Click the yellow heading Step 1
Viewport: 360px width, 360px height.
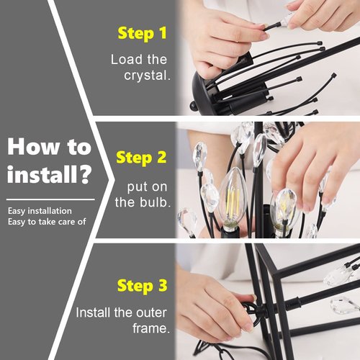[x=142, y=33]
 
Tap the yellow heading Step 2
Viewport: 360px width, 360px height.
[x=141, y=158]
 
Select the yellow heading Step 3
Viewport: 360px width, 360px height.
[x=142, y=286]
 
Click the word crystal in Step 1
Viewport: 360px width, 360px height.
[x=147, y=76]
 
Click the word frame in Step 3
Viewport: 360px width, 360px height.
[x=151, y=328]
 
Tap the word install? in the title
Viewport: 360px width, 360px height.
[x=50, y=174]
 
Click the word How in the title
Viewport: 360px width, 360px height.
[x=33, y=146]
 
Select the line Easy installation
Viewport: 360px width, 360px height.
[x=40, y=211]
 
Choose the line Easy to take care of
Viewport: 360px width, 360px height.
[x=47, y=222]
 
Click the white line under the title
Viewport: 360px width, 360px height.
[x=50, y=199]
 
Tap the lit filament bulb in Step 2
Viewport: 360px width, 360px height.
[x=230, y=197]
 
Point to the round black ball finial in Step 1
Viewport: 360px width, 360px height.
[x=194, y=106]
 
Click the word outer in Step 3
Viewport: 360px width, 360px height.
[x=151, y=312]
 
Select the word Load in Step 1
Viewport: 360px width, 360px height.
[x=127, y=59]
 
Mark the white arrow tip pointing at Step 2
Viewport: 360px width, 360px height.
[x=114, y=179]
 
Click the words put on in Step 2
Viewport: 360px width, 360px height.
[x=147, y=187]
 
